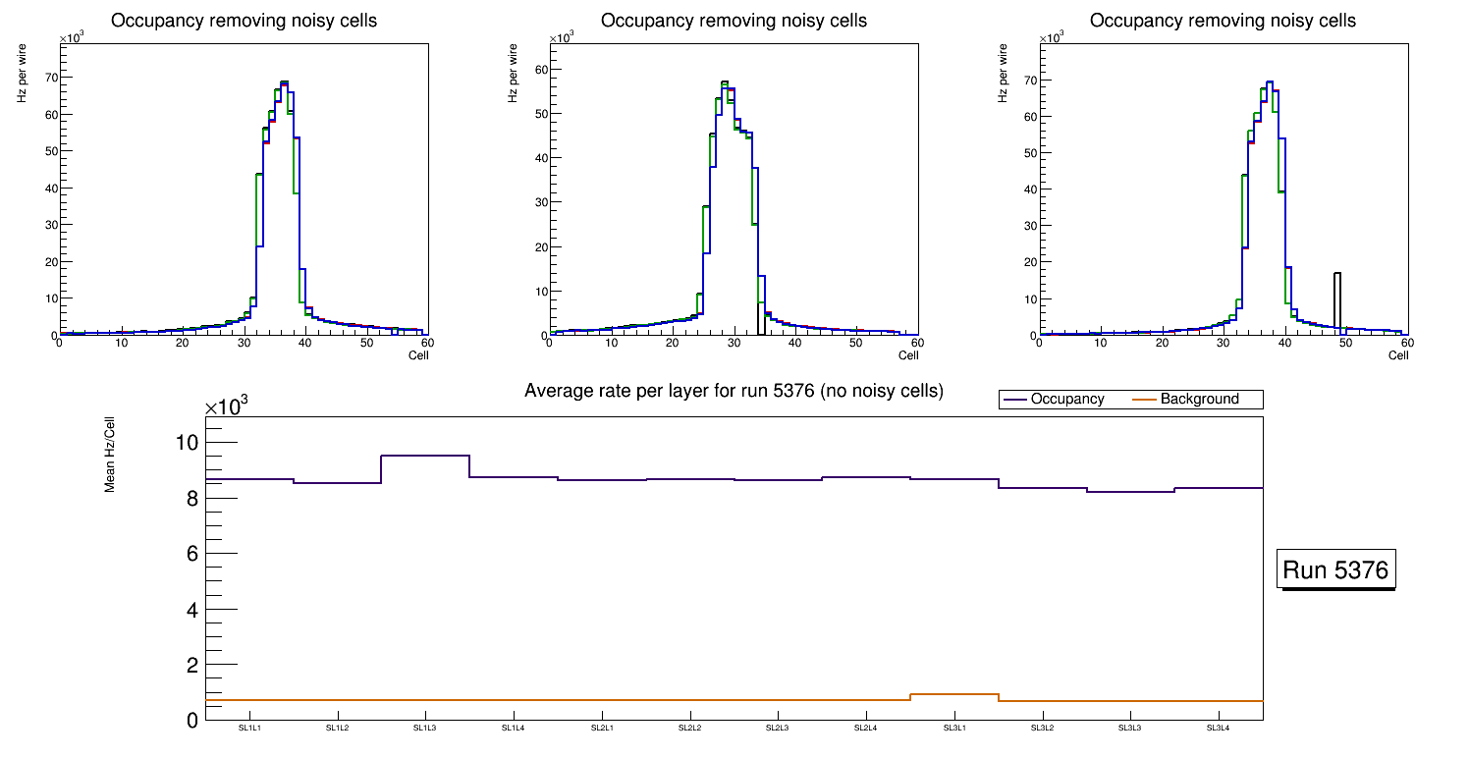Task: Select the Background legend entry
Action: [x=1199, y=400]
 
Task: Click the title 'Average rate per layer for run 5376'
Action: [x=734, y=391]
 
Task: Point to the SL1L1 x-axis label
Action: [x=249, y=729]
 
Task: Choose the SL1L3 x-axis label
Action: [x=425, y=729]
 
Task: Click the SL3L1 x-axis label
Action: [x=953, y=729]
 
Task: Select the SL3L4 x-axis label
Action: [x=1218, y=729]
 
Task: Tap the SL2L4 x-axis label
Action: [x=865, y=729]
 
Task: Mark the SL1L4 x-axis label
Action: [x=514, y=729]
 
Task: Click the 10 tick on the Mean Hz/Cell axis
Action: [x=187, y=443]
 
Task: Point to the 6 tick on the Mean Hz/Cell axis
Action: [x=191, y=554]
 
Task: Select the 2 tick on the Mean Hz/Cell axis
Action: [x=191, y=666]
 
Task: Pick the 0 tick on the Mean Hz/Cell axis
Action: [x=191, y=721]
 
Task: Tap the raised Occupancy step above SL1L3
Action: [x=425, y=456]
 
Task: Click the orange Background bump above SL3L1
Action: [x=953, y=694]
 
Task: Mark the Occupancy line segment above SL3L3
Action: [x=1130, y=492]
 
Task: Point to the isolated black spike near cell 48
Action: [x=1336, y=295]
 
